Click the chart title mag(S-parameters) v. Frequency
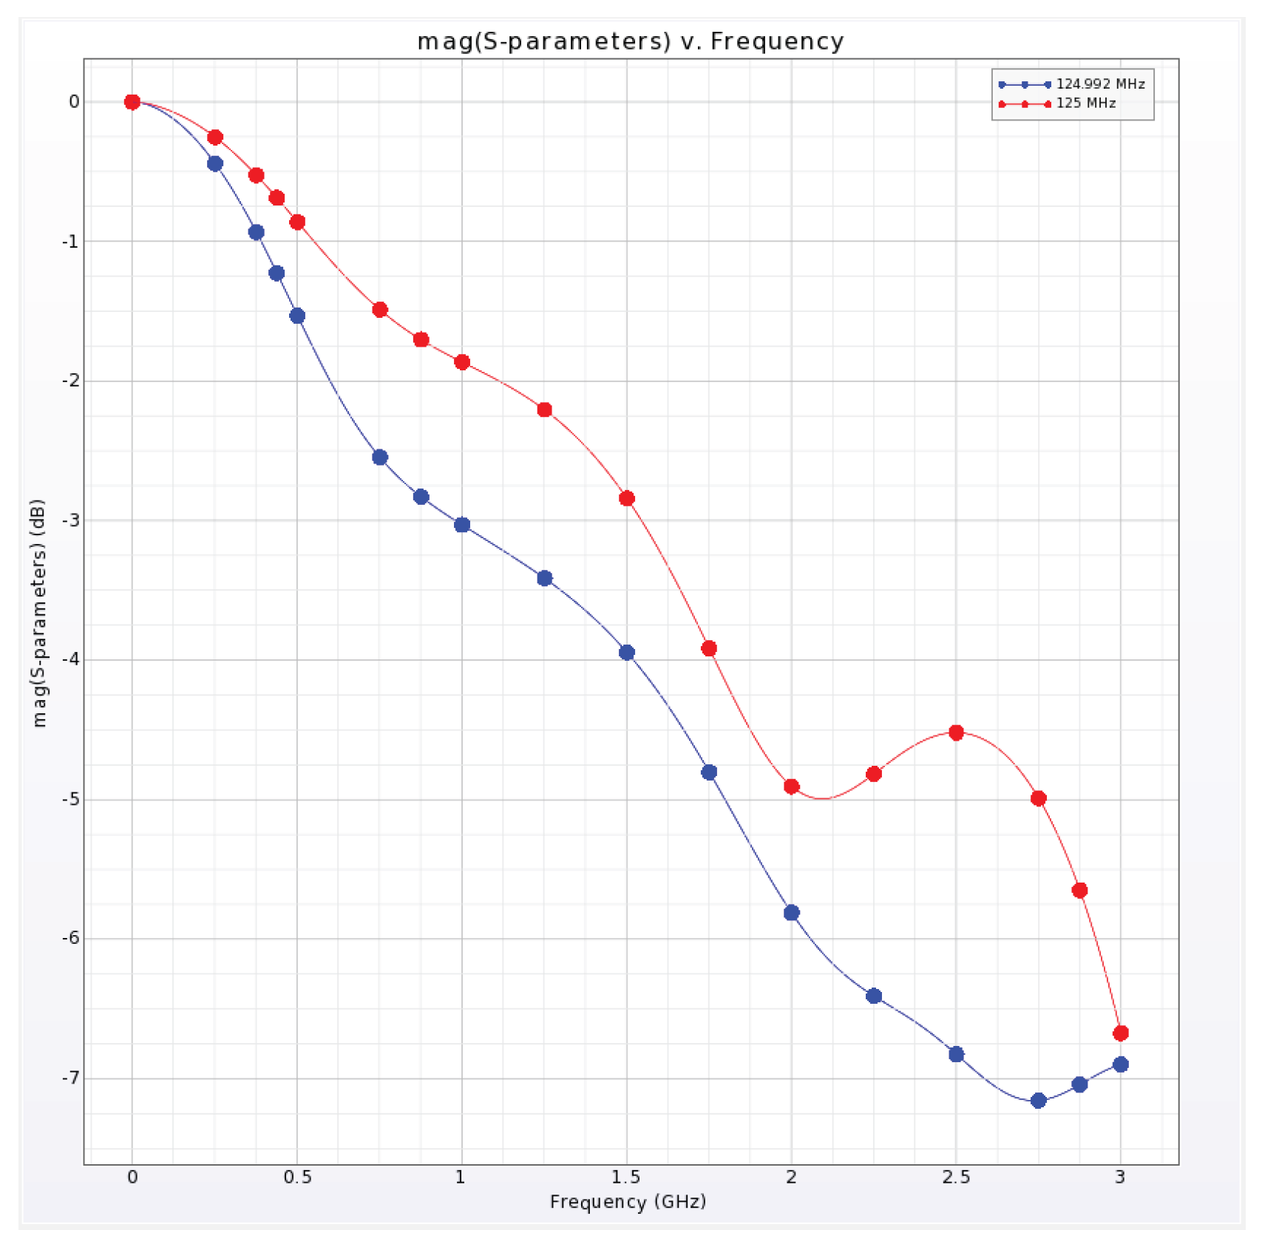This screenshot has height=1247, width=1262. tap(630, 41)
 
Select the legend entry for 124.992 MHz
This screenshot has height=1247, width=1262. tap(1099, 84)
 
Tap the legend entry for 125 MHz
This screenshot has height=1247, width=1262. tap(1085, 103)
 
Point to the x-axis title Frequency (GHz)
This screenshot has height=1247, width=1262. tap(628, 1201)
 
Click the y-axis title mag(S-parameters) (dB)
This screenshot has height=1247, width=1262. tap(39, 613)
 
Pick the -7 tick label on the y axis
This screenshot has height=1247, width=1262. tap(71, 1078)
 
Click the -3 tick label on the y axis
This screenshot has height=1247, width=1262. tap(71, 520)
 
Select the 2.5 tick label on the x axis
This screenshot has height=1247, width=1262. tap(955, 1177)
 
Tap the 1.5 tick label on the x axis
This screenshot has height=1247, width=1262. tap(626, 1177)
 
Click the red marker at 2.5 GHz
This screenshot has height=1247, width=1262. tap(956, 733)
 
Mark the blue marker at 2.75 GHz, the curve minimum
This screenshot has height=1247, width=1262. tap(1038, 1101)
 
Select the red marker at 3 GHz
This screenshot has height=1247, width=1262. tap(1120, 1033)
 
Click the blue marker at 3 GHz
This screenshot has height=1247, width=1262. tap(1120, 1064)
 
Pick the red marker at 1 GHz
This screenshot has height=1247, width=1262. tap(462, 362)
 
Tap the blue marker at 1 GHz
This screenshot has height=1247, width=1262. tap(462, 525)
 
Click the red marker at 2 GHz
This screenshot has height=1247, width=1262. tap(791, 786)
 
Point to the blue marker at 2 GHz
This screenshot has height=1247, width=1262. tap(791, 913)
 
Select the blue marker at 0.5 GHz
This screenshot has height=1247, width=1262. tap(297, 316)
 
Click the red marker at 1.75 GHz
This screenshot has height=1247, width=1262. tap(709, 648)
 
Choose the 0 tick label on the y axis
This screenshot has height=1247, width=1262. tap(74, 101)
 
